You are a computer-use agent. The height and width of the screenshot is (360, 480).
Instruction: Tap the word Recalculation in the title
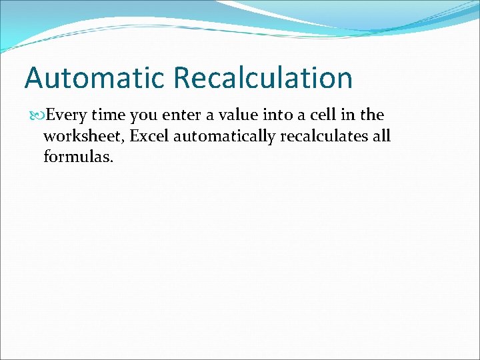(263, 78)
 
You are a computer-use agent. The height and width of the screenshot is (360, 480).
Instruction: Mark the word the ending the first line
(372, 115)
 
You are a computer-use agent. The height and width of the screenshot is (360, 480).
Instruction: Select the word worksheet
(83, 137)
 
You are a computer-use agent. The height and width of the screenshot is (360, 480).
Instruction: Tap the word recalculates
(323, 137)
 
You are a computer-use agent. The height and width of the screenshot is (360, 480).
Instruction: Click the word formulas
(74, 159)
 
